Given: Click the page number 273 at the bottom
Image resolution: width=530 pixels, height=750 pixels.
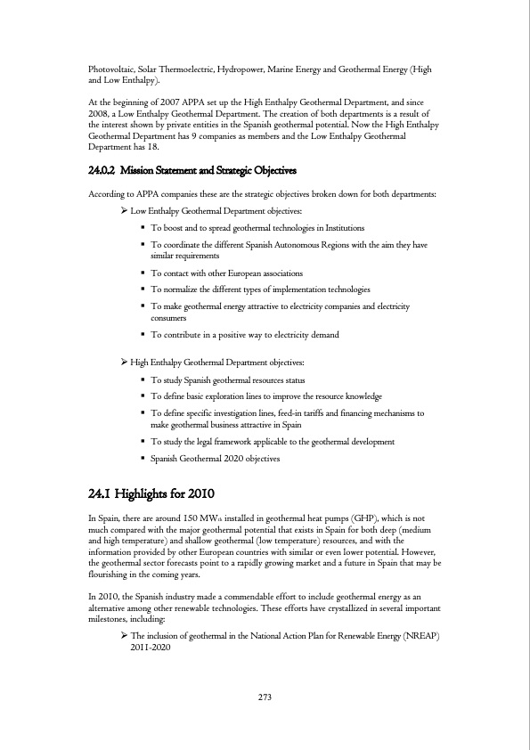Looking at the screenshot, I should coord(265,697).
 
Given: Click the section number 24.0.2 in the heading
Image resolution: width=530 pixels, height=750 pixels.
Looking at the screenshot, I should coord(107,170).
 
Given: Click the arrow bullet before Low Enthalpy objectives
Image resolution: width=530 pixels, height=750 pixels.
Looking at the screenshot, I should coord(124,211).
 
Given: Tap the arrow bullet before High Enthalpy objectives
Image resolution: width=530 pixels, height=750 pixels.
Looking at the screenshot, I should coord(124,363).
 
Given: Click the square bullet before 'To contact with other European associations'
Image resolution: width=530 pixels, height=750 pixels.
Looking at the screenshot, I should coord(143,273).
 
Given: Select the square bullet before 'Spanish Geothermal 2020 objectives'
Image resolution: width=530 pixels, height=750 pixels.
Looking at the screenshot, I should coord(143,459).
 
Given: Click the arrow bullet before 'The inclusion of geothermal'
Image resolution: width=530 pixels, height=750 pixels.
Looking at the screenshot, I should coord(124,638).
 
